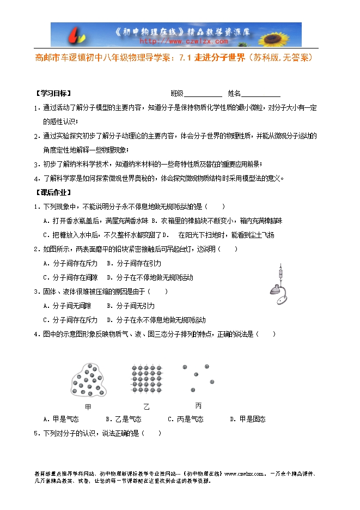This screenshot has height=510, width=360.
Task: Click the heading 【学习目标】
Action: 53,93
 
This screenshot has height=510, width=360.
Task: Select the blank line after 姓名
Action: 261,93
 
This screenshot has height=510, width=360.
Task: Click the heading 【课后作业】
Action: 53,192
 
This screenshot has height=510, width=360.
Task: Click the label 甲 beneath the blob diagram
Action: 89,407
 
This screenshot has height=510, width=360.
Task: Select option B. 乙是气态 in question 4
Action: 123,419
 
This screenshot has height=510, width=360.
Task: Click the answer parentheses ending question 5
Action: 152,434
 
